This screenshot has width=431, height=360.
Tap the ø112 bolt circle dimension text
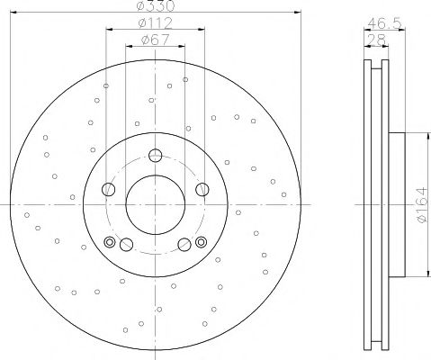pos(154,24)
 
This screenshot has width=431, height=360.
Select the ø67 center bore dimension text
pos(154,40)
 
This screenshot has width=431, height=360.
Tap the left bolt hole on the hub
pos(109,189)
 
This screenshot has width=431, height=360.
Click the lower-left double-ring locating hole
pos(111,241)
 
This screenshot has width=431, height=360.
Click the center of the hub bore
pos(154,206)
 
